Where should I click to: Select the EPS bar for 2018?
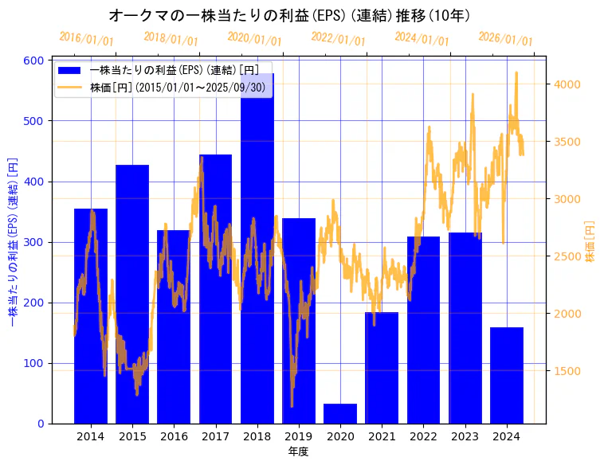click(257, 255)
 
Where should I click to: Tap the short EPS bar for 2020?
click(340, 414)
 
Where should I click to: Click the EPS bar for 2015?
click(132, 295)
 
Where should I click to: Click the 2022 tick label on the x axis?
click(423, 436)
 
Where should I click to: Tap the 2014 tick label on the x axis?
click(90, 436)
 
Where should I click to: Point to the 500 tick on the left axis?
click(36, 121)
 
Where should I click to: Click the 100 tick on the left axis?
click(36, 363)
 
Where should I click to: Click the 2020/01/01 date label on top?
click(254, 38)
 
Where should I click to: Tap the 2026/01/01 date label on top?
click(505, 38)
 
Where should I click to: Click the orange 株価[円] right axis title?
click(590, 242)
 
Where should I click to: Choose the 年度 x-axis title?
click(298, 451)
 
